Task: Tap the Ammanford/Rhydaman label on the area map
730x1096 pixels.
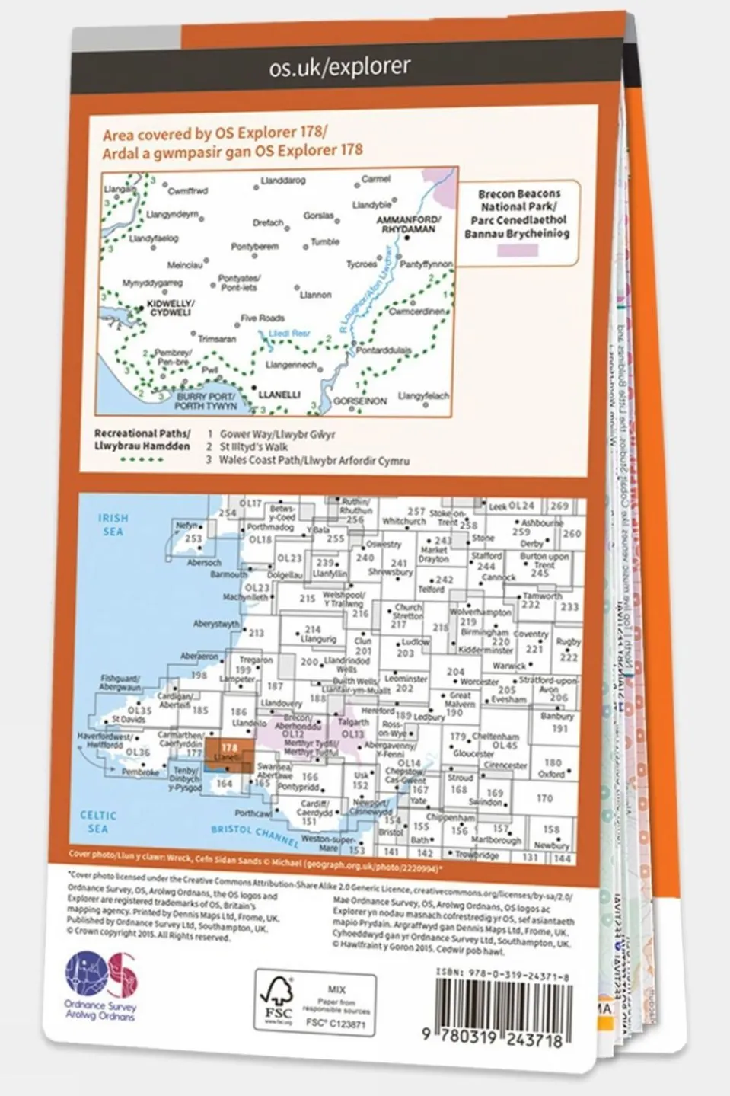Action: pyautogui.click(x=409, y=224)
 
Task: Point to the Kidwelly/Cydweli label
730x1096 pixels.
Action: pyautogui.click(x=171, y=308)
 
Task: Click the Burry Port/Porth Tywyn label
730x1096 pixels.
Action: pyautogui.click(x=206, y=401)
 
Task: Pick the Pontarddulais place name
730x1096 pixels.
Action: pyautogui.click(x=384, y=351)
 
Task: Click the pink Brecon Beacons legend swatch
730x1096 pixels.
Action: pyautogui.click(x=518, y=251)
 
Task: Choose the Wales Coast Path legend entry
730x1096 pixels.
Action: pyautogui.click(x=314, y=460)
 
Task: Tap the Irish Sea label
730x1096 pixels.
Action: pyautogui.click(x=113, y=524)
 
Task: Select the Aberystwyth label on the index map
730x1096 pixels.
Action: pyautogui.click(x=217, y=624)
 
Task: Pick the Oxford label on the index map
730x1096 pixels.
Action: pyautogui.click(x=551, y=774)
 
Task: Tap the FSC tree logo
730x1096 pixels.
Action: pyautogui.click(x=278, y=1000)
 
